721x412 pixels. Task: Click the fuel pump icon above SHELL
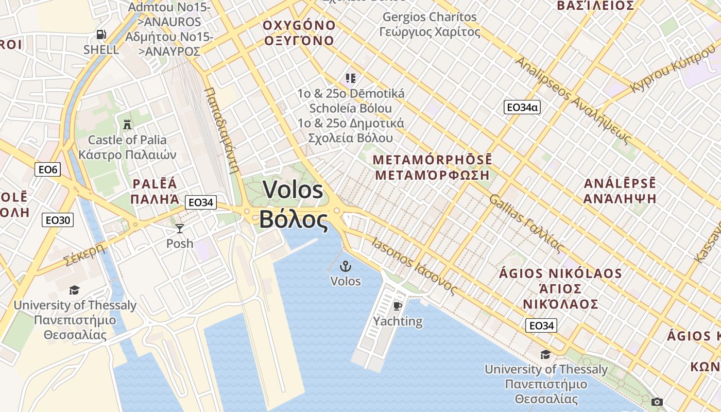click(101, 35)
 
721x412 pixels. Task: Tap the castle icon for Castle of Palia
click(127, 124)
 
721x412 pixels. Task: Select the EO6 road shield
click(47, 169)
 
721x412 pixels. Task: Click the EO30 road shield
click(57, 220)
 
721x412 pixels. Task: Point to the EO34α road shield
click(522, 107)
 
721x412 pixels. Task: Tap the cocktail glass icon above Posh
click(179, 229)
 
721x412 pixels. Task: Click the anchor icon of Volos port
click(346, 266)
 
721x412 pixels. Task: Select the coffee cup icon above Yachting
click(397, 306)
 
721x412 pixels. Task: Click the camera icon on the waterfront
click(657, 402)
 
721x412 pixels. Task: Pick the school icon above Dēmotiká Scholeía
click(351, 78)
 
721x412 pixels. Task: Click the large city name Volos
click(293, 190)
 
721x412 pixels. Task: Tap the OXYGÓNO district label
click(299, 25)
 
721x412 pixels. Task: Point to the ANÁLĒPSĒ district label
click(620, 183)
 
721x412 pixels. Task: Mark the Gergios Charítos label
click(430, 17)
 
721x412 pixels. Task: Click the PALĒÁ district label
click(154, 184)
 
